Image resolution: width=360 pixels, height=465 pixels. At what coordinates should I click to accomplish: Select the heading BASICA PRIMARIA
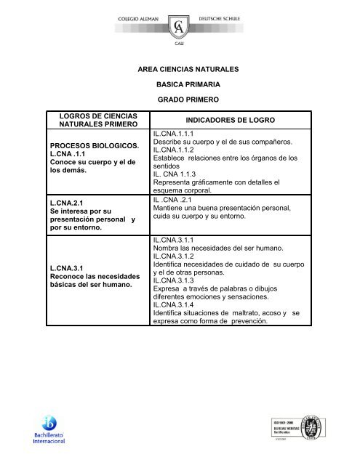[x=193, y=84]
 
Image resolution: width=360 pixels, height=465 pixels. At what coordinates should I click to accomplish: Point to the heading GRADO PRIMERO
[x=193, y=99]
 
